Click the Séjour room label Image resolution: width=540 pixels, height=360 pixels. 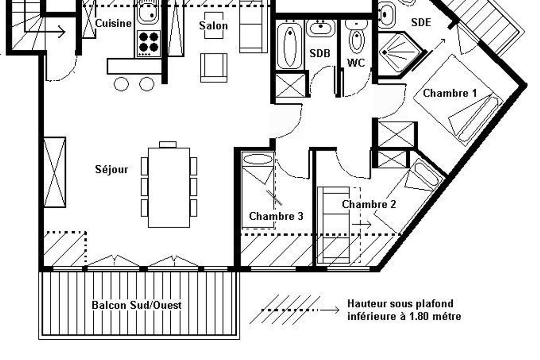pos(112,169)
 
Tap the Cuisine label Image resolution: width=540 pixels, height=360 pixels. pos(113,24)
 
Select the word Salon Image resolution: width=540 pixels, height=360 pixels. pos(214,25)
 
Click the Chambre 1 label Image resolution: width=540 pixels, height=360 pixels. pos(450,93)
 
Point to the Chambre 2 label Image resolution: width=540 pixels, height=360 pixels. pos(369,204)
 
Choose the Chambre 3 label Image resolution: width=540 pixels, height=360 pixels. pos(276,216)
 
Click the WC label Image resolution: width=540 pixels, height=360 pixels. pos(356,63)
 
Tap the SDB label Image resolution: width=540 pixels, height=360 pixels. pos(319,53)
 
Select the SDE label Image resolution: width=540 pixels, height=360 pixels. pos(421,23)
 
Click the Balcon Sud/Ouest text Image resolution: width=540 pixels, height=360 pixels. pos(137,305)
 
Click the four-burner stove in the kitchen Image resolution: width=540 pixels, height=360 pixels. pos(149,43)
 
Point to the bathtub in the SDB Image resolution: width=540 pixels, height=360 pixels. pos(290,45)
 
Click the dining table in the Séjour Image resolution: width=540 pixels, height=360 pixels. pos(169,187)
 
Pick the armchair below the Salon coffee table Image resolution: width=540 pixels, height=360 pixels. pos(214,67)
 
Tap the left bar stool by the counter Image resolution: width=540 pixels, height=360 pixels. pos(121,84)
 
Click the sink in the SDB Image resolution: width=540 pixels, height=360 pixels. pos(321,28)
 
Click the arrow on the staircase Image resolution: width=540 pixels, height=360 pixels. pos(45,32)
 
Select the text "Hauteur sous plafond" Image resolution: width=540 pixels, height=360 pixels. pos(400,304)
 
